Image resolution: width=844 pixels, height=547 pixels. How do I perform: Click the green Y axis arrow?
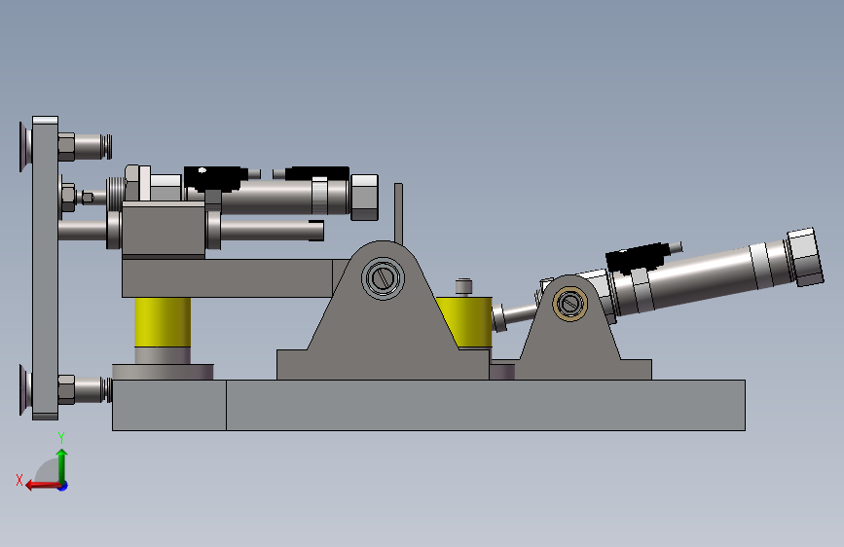pos(62,467)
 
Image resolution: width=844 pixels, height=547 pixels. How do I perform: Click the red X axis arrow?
pos(44,486)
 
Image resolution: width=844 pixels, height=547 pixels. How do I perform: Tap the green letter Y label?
pos(61,438)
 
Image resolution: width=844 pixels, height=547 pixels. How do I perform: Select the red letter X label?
pos(19,480)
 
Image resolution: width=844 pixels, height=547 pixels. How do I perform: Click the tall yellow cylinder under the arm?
pos(163,322)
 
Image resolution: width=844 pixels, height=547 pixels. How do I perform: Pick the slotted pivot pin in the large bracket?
pos(384,278)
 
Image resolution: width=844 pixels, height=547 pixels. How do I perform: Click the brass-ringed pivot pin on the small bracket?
pos(569,305)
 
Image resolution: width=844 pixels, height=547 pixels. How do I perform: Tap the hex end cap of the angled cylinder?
pos(806,257)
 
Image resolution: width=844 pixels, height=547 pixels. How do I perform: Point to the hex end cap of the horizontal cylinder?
pos(364,197)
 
